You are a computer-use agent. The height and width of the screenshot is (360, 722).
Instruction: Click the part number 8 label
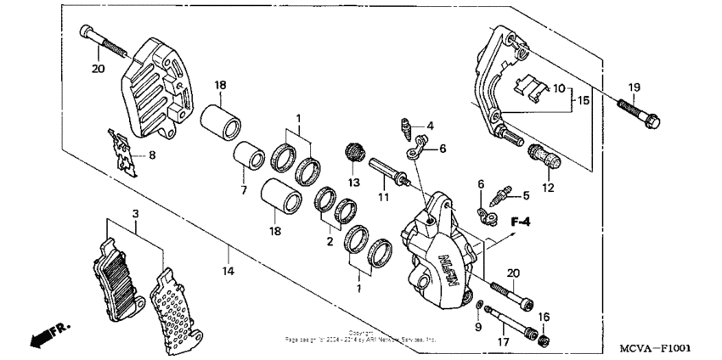[152, 155]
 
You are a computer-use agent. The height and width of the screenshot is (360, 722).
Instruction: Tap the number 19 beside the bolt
[634, 87]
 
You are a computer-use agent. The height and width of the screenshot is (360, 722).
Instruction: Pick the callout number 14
[228, 272]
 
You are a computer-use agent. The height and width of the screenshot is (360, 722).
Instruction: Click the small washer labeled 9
[481, 303]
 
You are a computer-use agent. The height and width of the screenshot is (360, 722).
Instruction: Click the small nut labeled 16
[544, 340]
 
